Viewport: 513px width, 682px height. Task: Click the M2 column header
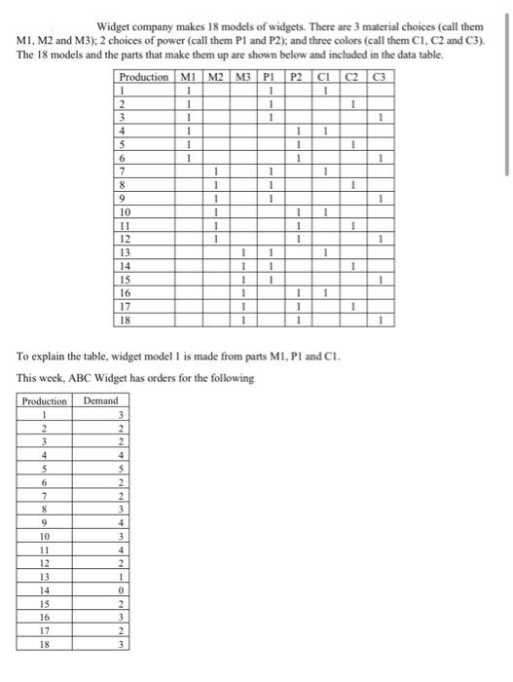click(216, 77)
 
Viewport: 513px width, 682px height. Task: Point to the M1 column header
click(189, 77)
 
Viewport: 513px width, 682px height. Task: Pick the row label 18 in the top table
click(124, 318)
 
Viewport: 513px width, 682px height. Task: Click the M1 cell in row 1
click(189, 91)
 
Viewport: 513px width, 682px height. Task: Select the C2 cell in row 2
click(354, 103)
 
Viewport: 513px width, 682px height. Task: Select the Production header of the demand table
click(45, 400)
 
